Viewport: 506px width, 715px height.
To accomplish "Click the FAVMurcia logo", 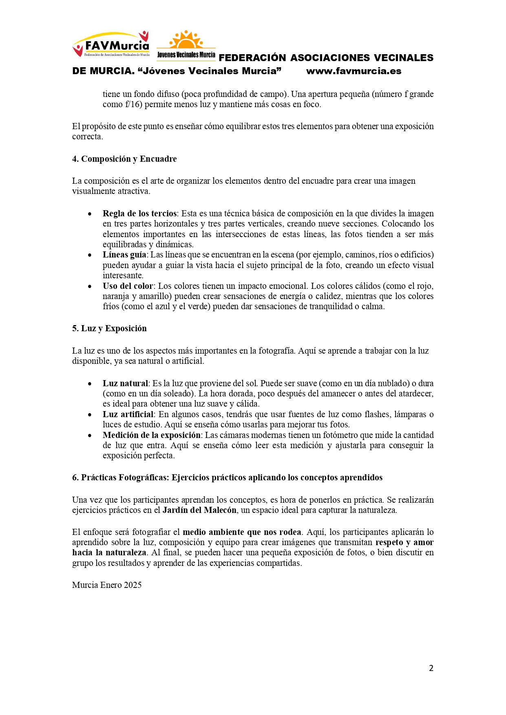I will point(111,44).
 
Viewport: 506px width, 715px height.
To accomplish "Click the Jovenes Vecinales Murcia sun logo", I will point(186,44).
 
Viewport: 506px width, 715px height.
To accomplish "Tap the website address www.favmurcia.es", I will point(354,71).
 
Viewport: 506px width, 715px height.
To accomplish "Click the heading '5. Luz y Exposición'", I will point(109,328).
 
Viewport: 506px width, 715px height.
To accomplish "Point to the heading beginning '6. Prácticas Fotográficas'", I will point(227,477).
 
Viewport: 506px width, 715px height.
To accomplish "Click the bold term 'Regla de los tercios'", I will point(139,213).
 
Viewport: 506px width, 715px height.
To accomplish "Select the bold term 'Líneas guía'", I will point(124,255).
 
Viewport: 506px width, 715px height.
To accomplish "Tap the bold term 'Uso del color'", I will point(128,286).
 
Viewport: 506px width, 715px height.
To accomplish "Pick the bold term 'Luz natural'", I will point(125,383).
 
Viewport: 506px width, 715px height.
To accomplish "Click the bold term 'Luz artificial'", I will point(128,414).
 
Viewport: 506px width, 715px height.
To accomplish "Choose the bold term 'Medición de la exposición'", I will point(151,435).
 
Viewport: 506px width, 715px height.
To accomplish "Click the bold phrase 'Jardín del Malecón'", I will point(199,510).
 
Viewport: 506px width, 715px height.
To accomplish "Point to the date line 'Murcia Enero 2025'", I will point(107,585).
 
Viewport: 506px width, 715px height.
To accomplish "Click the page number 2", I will point(431,668).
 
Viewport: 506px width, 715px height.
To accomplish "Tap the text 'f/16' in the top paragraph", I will point(134,104).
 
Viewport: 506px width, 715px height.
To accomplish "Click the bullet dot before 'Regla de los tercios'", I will point(90,214).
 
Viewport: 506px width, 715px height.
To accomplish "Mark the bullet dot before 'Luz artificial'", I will point(90,415).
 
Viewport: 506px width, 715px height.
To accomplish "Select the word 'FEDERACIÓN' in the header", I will point(252,58).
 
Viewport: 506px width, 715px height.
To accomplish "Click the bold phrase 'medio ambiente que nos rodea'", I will point(242,532).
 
